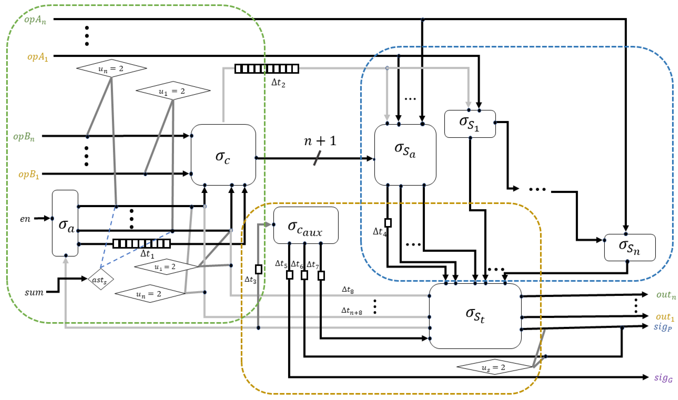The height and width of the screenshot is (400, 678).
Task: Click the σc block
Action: (223, 155)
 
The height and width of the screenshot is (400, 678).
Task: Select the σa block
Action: (65, 223)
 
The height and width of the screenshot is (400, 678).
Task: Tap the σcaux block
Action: (306, 225)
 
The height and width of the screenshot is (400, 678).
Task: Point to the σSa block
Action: (405, 155)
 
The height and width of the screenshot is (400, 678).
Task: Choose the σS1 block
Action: (470, 124)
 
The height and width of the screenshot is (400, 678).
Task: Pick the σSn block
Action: (630, 247)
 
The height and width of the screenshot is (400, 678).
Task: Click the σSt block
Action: (475, 316)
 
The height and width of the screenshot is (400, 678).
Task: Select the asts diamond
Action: (101, 279)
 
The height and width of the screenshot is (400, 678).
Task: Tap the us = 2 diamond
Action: (494, 367)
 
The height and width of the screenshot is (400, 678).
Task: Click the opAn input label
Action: (35, 20)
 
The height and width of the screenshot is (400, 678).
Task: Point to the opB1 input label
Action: (29, 174)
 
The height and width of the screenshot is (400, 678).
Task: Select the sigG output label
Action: (663, 378)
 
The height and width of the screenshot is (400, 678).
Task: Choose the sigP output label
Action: (663, 327)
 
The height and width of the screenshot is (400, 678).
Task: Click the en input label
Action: (25, 219)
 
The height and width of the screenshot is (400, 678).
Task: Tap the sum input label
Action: (34, 292)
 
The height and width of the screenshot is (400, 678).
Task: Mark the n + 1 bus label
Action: (320, 141)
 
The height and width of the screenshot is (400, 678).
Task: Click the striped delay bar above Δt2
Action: (267, 68)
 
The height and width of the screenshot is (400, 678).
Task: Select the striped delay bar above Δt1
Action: (141, 244)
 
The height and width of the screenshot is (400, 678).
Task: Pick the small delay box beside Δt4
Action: (388, 223)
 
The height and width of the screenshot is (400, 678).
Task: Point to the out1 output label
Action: (665, 317)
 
